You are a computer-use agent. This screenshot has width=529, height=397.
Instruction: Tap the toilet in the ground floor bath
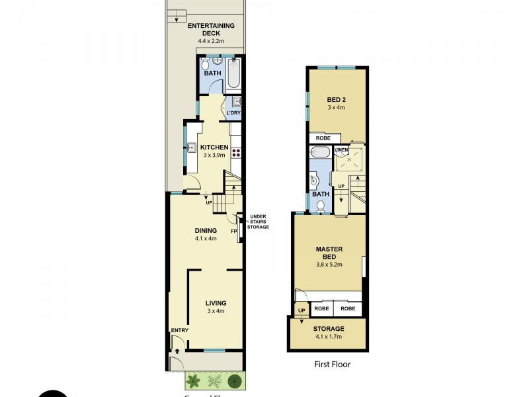205,65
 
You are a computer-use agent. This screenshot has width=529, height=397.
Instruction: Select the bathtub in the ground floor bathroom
234,74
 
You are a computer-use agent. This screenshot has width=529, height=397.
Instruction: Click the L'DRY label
233,113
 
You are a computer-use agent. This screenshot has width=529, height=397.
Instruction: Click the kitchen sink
189,148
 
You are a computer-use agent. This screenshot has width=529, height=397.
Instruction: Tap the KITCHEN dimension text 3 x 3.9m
215,155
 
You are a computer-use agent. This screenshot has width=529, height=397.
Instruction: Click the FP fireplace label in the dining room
233,232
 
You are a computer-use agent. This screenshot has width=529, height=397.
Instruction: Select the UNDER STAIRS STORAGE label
257,221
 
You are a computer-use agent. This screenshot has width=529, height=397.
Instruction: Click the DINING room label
206,230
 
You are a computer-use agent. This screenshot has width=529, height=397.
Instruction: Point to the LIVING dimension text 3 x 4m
216,310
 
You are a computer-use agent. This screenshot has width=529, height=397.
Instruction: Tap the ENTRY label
179,330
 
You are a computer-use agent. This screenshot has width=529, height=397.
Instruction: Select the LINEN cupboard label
341,151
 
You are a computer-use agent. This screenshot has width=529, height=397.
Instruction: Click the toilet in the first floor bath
321,206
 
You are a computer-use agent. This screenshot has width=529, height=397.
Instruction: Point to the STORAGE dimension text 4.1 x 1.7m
329,337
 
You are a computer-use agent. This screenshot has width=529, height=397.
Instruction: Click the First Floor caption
332,364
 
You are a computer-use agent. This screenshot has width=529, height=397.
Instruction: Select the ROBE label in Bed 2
323,138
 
